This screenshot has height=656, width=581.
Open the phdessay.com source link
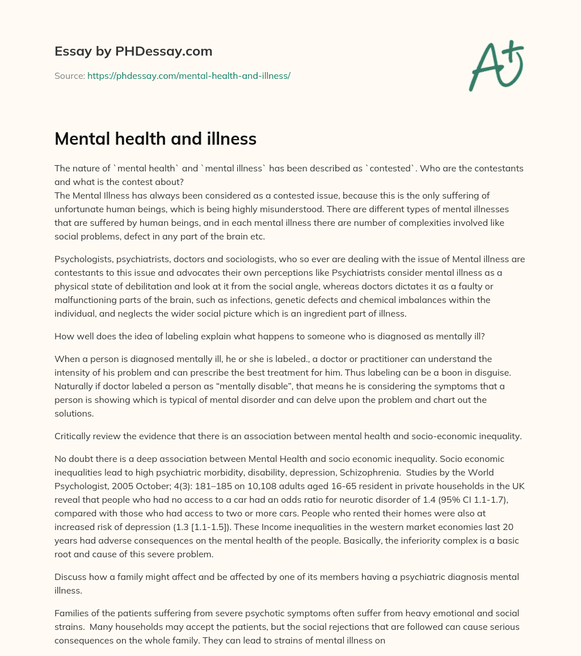point(188,75)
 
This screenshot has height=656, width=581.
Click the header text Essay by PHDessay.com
point(133,52)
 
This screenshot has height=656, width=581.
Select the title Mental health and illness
point(155,138)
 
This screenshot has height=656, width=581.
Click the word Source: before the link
point(69,75)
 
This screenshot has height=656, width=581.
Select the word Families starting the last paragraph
point(73,613)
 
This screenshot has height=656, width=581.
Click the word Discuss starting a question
point(70,577)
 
